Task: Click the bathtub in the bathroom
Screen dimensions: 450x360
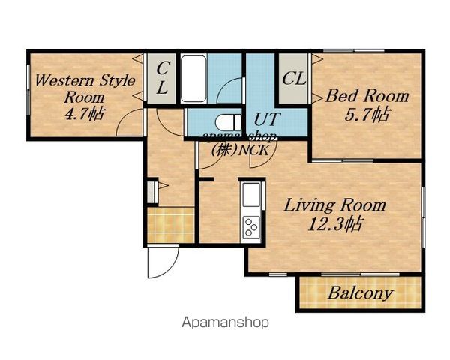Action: pos(193,79)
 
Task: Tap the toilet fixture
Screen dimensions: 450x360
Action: pos(229,123)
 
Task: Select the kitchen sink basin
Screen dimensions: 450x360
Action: pos(251,194)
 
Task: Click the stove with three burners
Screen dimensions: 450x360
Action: pos(251,226)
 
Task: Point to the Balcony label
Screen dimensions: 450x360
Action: pos(360,293)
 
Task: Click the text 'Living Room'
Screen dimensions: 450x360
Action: pos(335,205)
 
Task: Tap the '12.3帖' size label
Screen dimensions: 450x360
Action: pos(334,224)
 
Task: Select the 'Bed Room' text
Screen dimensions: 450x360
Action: pos(367,96)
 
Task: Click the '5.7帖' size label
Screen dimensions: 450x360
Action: pos(367,114)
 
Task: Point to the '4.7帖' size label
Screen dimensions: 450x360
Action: pos(84,114)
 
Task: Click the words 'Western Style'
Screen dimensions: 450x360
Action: pos(85,80)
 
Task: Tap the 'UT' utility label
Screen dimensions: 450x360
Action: pos(266,119)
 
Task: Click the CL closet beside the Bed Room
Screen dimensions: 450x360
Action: pos(293,78)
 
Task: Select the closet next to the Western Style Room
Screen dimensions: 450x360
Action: pos(161,78)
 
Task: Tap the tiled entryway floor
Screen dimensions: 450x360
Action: pos(171,225)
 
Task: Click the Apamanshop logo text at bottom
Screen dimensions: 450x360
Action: pos(226,322)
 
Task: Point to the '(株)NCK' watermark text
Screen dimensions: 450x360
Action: pos(241,150)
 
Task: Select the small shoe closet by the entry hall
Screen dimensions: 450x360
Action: pos(151,192)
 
